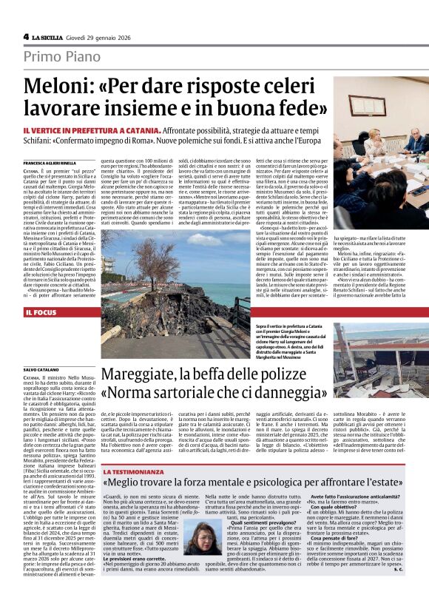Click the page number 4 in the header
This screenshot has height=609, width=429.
(26, 36)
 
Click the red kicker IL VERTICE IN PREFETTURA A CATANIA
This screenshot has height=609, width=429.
(95, 129)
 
